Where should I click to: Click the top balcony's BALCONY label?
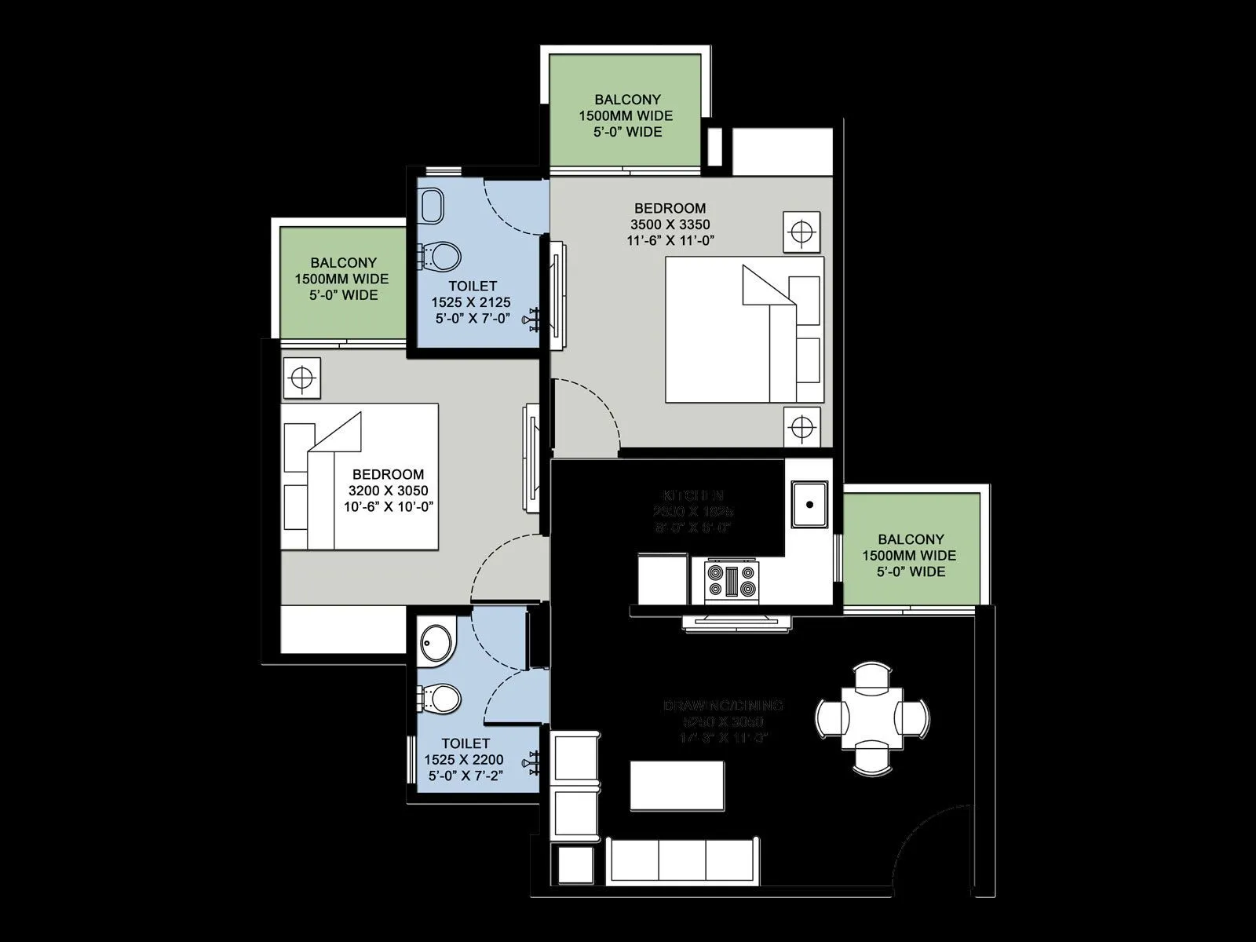(626, 100)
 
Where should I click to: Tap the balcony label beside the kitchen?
(911, 539)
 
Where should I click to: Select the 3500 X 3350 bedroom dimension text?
(670, 225)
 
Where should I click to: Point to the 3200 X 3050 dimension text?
(389, 491)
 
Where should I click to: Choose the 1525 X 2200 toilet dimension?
(463, 759)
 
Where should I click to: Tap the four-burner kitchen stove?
(732, 581)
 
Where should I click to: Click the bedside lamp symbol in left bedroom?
(301, 378)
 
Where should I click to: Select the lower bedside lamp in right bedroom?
(801, 428)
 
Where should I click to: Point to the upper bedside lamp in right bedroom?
(801, 232)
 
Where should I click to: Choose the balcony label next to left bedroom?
(343, 263)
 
